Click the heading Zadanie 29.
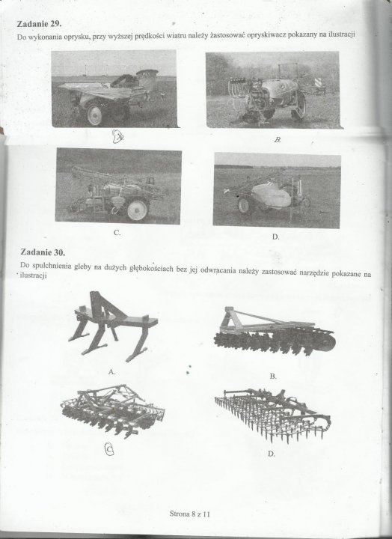(x=39, y=24)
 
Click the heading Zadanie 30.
(x=43, y=252)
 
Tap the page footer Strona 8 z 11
(x=190, y=514)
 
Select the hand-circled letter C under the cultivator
(x=109, y=449)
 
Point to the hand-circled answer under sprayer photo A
(x=118, y=136)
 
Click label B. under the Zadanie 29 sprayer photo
(x=278, y=139)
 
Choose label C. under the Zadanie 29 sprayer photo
(x=117, y=233)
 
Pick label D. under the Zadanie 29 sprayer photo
(x=275, y=237)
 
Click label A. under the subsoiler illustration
(x=111, y=371)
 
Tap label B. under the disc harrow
(x=273, y=376)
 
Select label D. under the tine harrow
(x=272, y=454)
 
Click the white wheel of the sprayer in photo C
(x=138, y=210)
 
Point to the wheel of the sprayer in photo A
(x=94, y=115)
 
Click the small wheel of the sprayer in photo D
(x=244, y=205)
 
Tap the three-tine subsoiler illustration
(x=113, y=326)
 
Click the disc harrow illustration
(x=275, y=332)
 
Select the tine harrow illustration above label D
(x=273, y=415)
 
